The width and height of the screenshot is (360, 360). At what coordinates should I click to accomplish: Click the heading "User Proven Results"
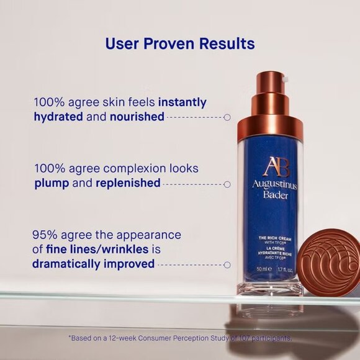click(180, 43)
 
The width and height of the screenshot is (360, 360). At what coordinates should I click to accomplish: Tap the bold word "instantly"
click(182, 102)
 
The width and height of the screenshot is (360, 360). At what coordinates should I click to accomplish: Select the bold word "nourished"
click(137, 117)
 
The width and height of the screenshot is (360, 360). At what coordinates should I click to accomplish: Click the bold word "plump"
click(52, 184)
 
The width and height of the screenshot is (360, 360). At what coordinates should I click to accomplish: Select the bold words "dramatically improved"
click(93, 264)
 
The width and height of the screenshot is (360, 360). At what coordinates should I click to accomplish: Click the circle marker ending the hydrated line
click(227, 117)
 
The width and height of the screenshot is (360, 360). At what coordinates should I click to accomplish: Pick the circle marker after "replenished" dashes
click(227, 184)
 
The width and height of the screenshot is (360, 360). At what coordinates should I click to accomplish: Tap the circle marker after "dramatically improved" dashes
click(227, 264)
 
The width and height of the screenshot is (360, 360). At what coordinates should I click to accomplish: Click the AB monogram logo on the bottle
click(271, 166)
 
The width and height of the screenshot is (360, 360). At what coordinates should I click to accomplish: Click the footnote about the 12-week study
click(180, 338)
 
